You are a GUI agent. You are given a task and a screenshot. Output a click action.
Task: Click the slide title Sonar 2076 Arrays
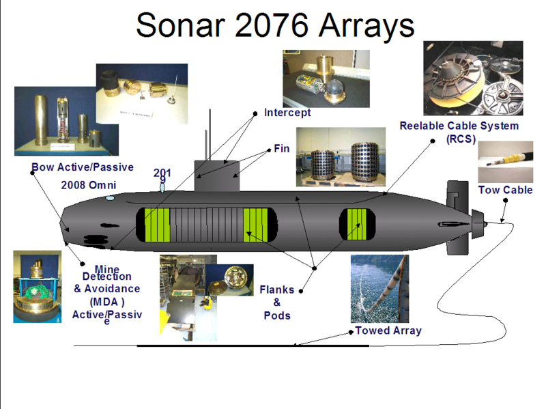pos(274,25)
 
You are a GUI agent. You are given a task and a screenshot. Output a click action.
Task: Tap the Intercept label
pos(287,113)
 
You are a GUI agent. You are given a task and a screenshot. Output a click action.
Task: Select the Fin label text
pos(282,148)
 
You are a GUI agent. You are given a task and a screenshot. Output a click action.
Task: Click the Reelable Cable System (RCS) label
pos(459,132)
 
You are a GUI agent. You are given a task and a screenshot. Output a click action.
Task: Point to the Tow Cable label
pos(505,190)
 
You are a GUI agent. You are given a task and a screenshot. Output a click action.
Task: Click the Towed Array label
pos(388,330)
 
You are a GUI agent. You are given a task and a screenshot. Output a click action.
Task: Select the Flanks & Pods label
pos(277,302)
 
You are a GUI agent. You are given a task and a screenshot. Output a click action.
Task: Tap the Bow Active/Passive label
pos(83,167)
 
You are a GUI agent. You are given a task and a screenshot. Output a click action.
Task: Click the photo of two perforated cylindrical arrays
pos(340,157)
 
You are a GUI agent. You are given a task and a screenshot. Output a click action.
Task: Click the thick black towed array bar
pos(253,345)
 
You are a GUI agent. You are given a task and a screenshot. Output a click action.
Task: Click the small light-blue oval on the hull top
pos(110,198)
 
